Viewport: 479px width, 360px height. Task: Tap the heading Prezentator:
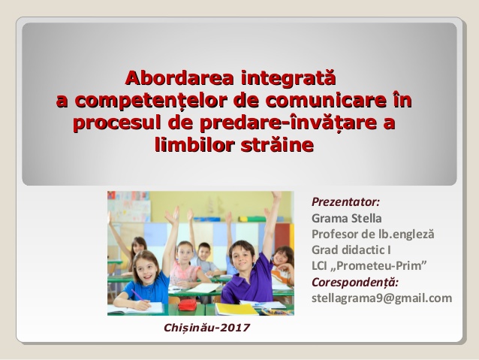pos(345,202)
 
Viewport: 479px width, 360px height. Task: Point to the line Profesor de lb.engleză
pos(372,234)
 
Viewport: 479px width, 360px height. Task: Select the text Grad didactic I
pos(351,250)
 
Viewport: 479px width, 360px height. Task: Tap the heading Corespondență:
pos(354,281)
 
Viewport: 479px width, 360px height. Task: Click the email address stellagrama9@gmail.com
pos(381,298)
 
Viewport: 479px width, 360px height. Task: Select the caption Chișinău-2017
pos(206,328)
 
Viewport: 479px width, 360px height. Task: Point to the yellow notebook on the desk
pos(235,308)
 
